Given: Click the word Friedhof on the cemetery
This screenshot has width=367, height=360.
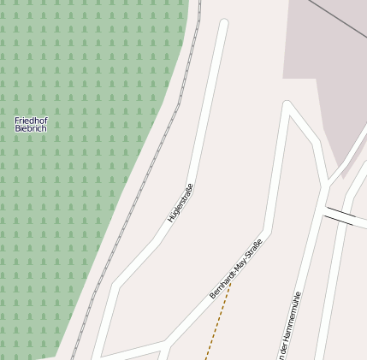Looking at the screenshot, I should [x=31, y=121].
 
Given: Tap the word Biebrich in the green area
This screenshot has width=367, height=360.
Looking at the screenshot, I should [x=31, y=128].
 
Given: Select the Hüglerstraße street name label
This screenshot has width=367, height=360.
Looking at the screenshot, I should [x=181, y=204].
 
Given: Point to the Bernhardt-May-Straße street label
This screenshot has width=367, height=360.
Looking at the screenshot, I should [x=235, y=269].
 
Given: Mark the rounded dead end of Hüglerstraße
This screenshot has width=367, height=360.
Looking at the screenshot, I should [x=224, y=24].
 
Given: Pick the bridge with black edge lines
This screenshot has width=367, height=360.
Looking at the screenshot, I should [x=340, y=215].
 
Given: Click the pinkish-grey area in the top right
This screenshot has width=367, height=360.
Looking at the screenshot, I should [x=334, y=68].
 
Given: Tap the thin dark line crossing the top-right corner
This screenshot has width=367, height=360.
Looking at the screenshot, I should [x=338, y=17].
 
